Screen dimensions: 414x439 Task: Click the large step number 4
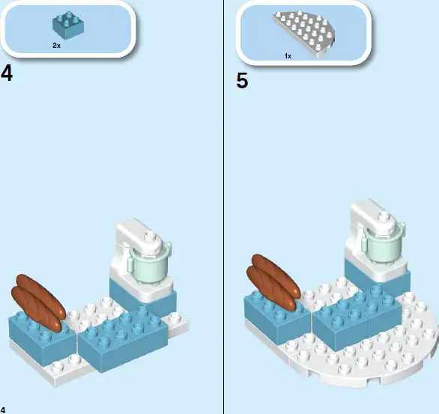(7, 75)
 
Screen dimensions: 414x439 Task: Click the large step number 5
(242, 80)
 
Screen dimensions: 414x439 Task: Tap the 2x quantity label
(56, 46)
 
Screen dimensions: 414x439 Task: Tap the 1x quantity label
(288, 55)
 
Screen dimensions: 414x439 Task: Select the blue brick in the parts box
(67, 25)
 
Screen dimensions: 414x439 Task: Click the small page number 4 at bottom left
(3, 409)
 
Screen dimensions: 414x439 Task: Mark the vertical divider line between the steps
(224, 207)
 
